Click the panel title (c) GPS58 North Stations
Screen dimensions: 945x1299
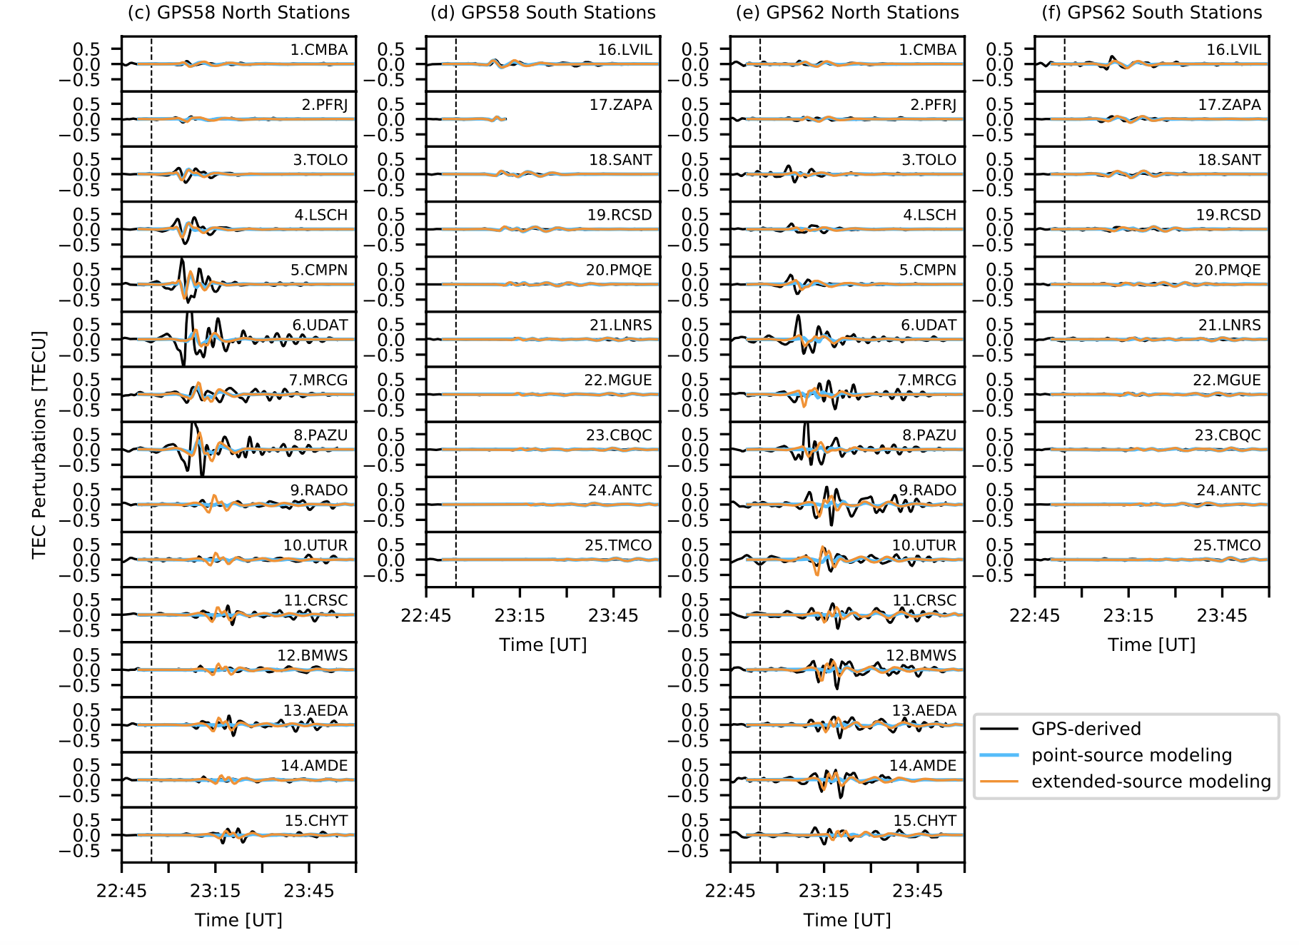point(238,13)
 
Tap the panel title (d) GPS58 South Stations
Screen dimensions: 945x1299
point(542,13)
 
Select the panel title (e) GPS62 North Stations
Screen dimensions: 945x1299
point(847,13)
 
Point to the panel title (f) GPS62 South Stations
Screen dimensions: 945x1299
point(1152,13)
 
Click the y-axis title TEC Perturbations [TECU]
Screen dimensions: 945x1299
point(39,445)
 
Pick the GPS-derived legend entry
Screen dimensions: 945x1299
point(1086,729)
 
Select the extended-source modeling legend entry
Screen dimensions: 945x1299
point(1151,782)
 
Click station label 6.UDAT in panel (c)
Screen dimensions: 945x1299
point(320,325)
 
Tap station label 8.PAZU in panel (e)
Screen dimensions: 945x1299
point(929,435)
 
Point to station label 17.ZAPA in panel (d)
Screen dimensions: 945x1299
point(620,105)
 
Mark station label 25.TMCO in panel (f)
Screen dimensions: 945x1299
point(1227,545)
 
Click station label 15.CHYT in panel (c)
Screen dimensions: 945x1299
point(316,821)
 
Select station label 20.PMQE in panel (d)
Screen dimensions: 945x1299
point(619,271)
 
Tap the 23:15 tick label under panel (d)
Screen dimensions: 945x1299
point(520,615)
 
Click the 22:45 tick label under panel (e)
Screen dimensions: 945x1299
point(730,891)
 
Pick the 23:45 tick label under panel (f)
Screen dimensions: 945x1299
point(1222,615)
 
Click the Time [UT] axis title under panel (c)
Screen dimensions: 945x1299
point(238,920)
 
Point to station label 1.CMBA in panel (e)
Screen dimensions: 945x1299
point(927,50)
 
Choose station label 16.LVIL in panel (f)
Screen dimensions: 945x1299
point(1233,50)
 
